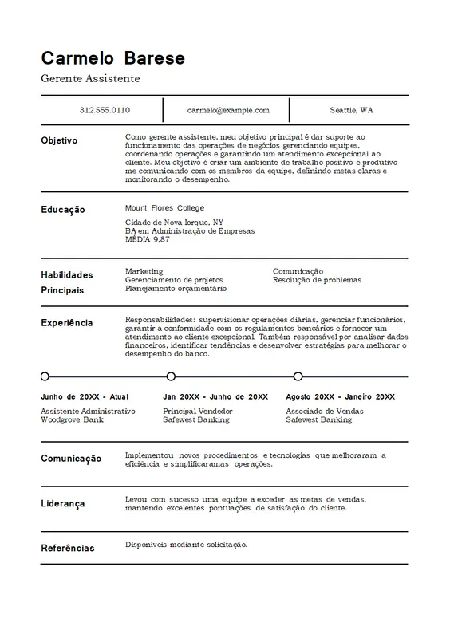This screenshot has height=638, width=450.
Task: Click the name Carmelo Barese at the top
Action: point(112,58)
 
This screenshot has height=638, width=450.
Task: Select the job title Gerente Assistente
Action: point(90,78)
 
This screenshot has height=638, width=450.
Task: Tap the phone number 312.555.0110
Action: point(105,110)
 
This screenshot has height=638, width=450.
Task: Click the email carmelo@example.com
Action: point(228,110)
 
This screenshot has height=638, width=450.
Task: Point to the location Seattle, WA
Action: point(351,110)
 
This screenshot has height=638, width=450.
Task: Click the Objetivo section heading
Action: point(59,140)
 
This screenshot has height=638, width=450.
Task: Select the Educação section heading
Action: point(63,210)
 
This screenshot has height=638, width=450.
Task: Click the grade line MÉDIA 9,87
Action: point(148,239)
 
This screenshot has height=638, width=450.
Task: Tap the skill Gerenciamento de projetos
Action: point(175,280)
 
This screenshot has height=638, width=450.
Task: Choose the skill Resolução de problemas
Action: point(317,280)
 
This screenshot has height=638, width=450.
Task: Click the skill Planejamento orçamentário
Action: point(176,289)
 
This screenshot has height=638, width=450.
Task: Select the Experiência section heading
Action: point(66,323)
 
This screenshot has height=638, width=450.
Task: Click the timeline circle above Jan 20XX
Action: point(171,376)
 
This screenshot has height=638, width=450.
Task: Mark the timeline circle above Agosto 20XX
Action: point(298,376)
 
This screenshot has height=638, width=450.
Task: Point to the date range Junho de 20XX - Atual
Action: point(84,396)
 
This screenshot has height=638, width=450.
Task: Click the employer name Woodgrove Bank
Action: point(72,419)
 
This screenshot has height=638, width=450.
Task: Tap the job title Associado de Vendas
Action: point(324,411)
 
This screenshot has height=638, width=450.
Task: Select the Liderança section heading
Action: point(63,504)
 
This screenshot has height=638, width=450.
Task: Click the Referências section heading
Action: point(68,549)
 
